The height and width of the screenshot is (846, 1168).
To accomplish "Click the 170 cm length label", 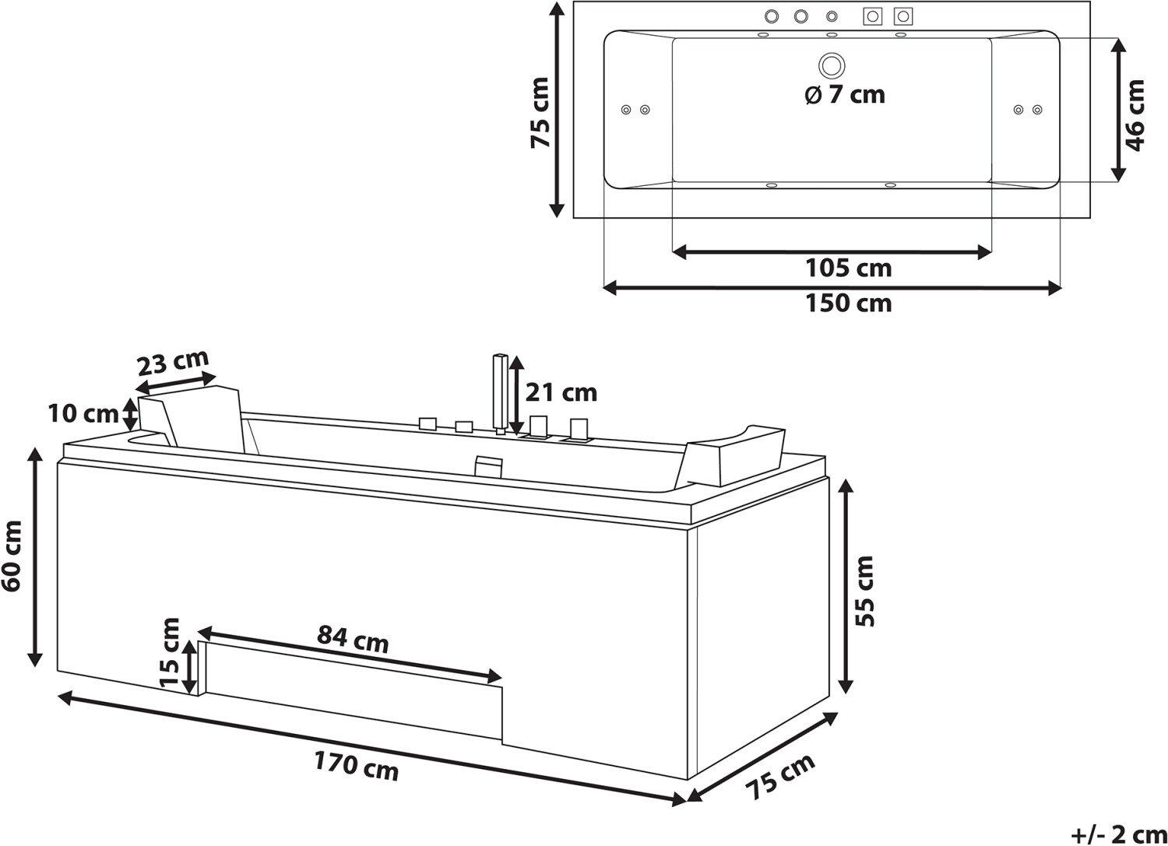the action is (356, 765).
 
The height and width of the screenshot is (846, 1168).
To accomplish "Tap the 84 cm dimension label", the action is (353, 638).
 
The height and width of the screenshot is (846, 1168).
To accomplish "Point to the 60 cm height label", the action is (12, 556).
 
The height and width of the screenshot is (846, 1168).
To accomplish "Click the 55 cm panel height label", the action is (864, 591).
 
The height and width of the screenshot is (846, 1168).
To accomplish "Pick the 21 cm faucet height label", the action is (561, 392).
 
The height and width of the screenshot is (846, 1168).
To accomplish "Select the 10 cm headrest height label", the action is (83, 414).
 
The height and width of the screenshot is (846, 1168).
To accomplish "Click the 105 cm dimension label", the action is (849, 269).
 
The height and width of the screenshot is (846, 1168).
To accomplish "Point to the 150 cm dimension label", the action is (849, 304).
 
